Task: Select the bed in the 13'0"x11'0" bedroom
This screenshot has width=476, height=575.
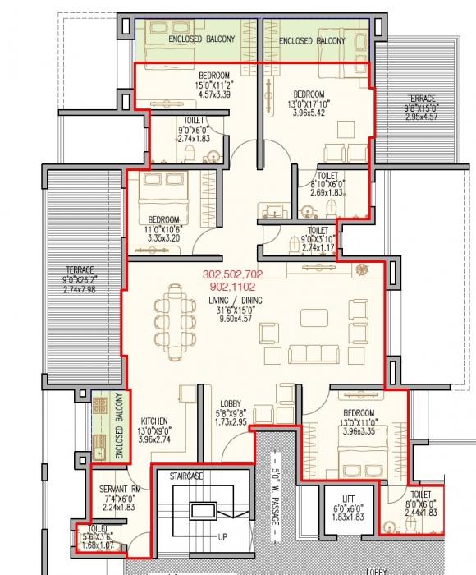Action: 355,448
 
